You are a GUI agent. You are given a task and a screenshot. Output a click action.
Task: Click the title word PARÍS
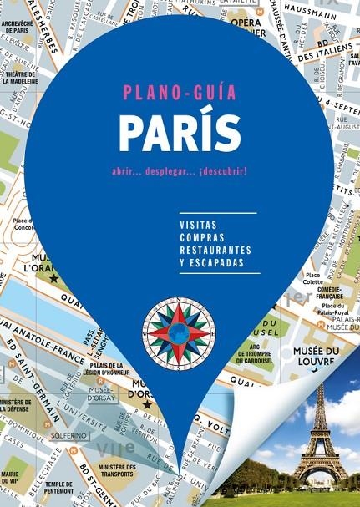pyautogui.click(x=179, y=132)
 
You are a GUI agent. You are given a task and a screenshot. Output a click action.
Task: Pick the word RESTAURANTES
pyautogui.click(x=215, y=250)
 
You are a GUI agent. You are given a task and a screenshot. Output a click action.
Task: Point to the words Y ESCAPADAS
pyautogui.click(x=211, y=262)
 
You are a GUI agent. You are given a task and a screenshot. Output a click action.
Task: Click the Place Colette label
pyautogui.click(x=313, y=277)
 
